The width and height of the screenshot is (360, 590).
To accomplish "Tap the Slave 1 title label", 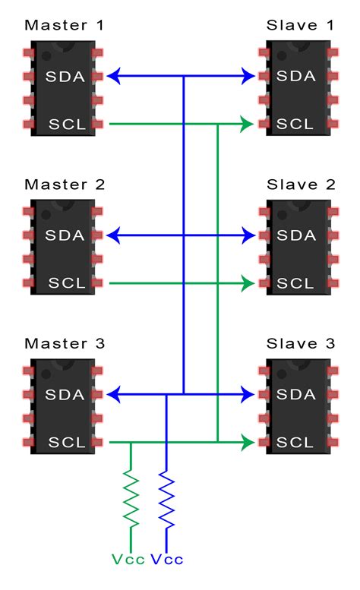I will pos(301,25).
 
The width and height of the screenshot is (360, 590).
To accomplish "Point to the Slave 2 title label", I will pos(301,185).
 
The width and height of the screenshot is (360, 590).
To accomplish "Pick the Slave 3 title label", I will pos(301,344).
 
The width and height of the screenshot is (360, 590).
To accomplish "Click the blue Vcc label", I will pos(167,560).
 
